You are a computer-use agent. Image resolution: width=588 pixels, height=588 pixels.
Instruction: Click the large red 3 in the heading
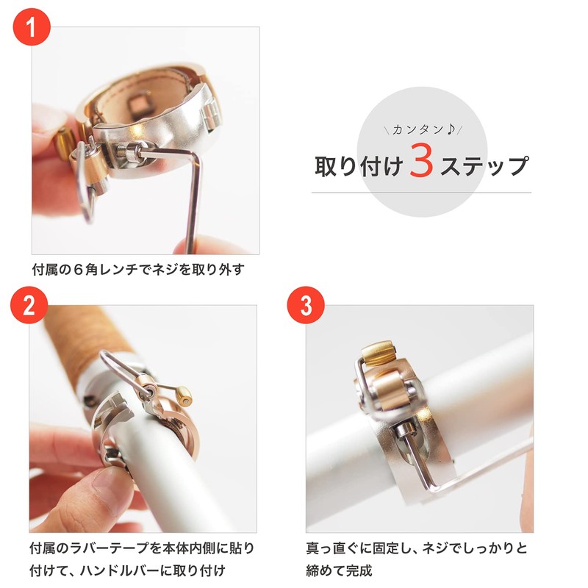[x=421, y=162]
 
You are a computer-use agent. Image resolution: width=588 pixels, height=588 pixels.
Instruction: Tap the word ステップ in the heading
[x=482, y=165]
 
